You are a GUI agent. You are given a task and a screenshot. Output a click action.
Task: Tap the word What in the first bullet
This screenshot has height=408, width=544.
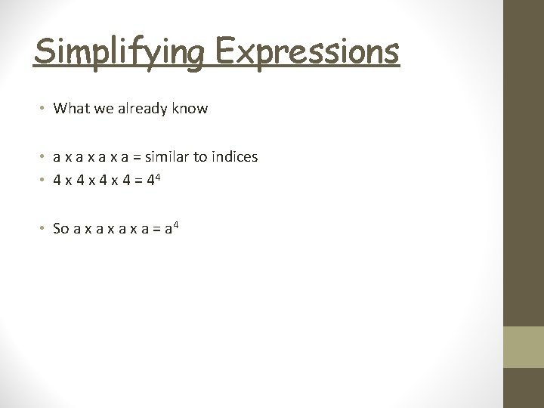pos(70,109)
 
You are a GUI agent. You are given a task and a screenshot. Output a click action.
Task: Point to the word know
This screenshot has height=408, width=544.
pos(190,109)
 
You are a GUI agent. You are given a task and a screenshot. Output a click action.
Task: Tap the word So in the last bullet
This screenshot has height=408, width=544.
pos(61,228)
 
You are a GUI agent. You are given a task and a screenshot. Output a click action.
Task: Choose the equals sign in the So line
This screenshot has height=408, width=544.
pos(156,229)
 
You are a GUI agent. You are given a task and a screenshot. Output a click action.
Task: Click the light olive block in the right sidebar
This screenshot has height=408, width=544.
pos(524,348)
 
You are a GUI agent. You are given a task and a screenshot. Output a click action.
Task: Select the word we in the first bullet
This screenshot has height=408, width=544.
pos(101,109)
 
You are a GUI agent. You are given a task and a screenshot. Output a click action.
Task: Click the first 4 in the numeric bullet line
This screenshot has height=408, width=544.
pos(57,181)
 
